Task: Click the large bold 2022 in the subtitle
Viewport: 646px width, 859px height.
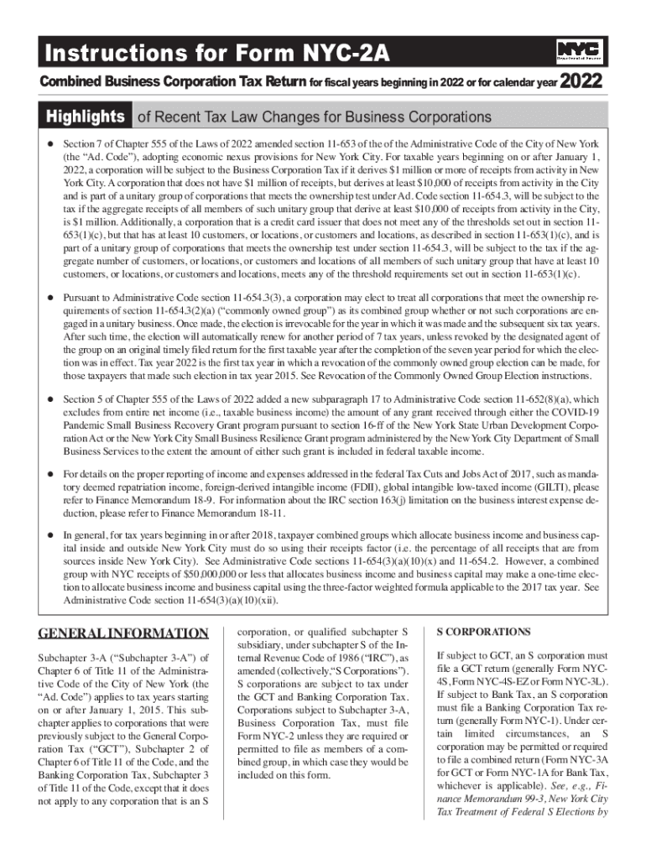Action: tap(581, 81)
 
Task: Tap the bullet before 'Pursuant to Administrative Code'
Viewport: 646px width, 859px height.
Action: tap(50, 298)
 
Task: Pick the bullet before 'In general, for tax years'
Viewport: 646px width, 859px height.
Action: tap(50, 534)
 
